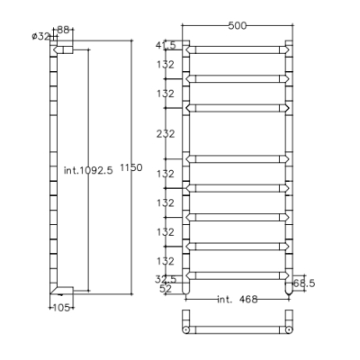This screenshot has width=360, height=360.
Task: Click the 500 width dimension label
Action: [x=237, y=26]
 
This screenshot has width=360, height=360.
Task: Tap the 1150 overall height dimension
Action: [x=131, y=167]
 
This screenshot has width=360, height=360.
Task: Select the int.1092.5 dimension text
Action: [x=88, y=170]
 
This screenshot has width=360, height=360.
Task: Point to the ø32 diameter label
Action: [x=40, y=37]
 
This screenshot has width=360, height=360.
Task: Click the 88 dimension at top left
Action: [x=63, y=30]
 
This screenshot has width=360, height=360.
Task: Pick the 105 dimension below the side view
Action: [x=61, y=308]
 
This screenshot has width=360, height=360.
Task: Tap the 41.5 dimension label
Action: [x=166, y=45]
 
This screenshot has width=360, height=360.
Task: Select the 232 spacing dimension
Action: [x=166, y=133]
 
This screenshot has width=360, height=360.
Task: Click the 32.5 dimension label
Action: [x=166, y=279]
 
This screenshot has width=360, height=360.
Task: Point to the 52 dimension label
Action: [x=166, y=289]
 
